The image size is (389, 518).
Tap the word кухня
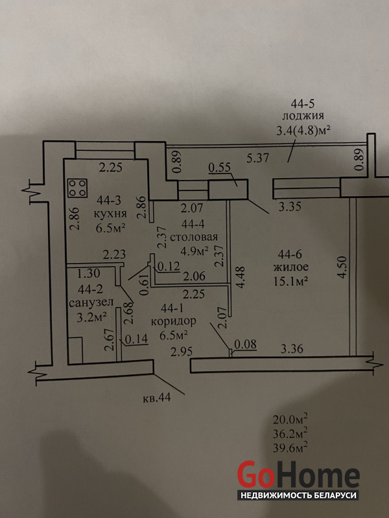coord(108,214)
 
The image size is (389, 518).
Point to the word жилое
coord(290,267)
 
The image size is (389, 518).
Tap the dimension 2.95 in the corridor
coord(182,352)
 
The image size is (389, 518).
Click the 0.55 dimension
coord(220,168)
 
